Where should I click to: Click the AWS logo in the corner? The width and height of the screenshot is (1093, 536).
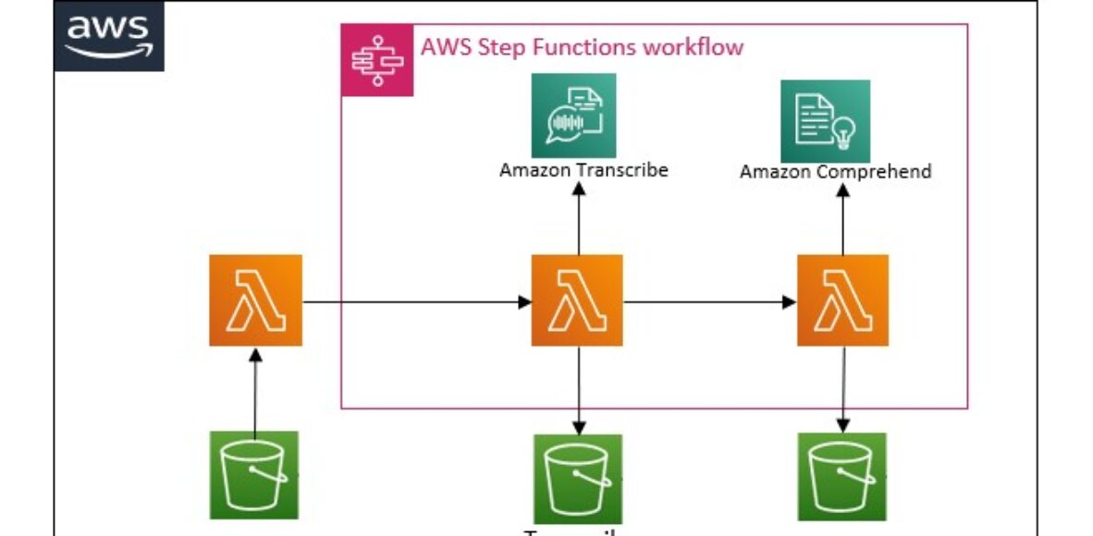pos(108,37)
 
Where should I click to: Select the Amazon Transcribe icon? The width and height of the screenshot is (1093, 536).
pos(573,116)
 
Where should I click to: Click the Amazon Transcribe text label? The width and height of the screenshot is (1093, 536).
pos(583,170)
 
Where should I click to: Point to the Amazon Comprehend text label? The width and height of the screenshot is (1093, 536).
pos(835,172)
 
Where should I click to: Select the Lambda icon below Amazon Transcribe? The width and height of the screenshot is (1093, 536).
pos(577,300)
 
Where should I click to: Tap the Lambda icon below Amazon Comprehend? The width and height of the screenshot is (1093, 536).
pos(842,300)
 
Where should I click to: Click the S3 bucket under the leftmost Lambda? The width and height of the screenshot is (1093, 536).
pos(254,475)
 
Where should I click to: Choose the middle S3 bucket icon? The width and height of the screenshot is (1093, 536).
pos(577,478)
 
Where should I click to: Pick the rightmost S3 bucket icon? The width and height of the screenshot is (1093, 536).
pos(841,476)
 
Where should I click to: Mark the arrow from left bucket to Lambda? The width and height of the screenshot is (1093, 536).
pos(256,388)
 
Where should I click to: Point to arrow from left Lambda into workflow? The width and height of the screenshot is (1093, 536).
pos(416,301)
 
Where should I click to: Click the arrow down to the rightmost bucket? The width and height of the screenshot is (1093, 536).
pos(842,388)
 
